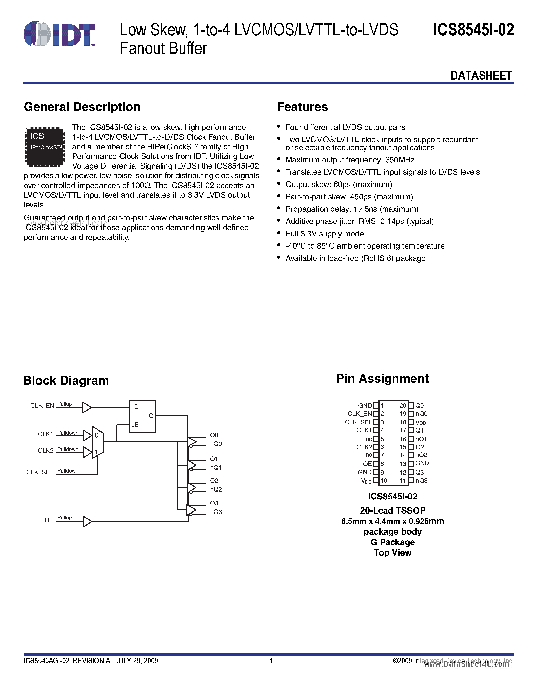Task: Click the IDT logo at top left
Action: [x=59, y=33]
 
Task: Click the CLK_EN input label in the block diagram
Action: [x=42, y=406]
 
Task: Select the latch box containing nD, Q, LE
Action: [x=142, y=416]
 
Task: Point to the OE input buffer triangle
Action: [x=87, y=522]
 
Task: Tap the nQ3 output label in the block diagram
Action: [x=216, y=512]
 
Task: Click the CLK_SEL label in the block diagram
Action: [x=40, y=472]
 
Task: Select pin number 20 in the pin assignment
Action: [x=403, y=406]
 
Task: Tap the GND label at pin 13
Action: [x=422, y=463]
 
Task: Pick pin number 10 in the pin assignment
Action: [x=384, y=481]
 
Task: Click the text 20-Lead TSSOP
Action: [x=392, y=510]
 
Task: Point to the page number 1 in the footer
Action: [x=272, y=661]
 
